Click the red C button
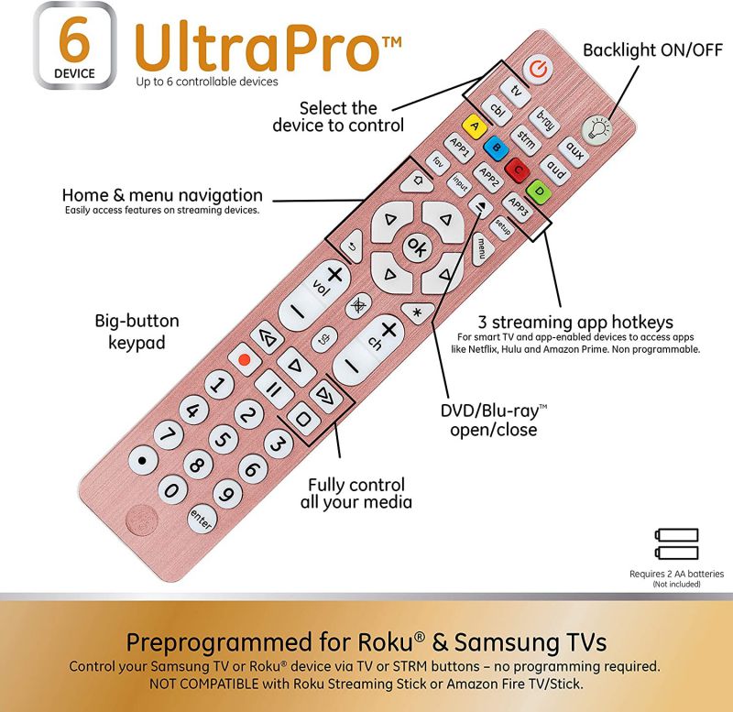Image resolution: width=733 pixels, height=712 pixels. point(518,170)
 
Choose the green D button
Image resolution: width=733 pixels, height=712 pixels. point(540,192)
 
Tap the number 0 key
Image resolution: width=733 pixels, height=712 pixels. point(170,490)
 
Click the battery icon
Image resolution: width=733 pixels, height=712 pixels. point(676,543)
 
